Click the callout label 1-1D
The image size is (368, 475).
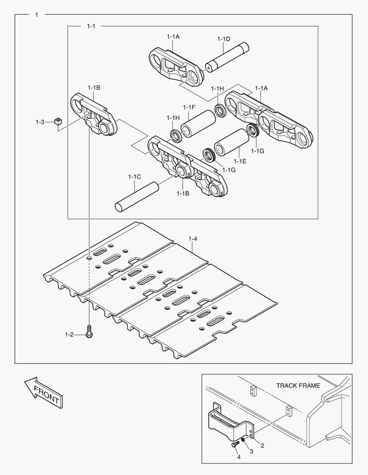pos(224,39)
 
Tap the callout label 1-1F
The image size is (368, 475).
pos(189,107)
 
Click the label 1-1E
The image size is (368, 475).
pos(240,161)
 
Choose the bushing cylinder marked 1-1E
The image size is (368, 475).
pos(231,142)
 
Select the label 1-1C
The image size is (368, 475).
pos(134,177)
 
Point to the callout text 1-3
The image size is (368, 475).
pos(40,122)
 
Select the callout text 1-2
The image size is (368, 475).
pos(69,335)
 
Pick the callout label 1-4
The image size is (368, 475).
pos(193,239)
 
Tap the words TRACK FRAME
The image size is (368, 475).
pos(298,386)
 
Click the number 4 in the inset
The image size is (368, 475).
pos(238,457)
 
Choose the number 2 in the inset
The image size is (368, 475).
pos(262,446)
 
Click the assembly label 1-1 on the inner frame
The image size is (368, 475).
pos(91,26)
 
